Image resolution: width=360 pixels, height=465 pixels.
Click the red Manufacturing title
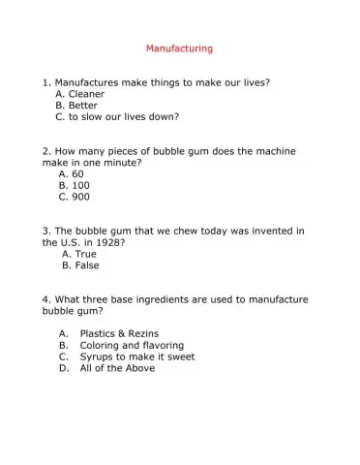[x=179, y=47]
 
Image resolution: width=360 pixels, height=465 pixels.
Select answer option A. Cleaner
[x=80, y=95]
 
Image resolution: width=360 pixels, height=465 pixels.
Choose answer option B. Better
[x=76, y=106]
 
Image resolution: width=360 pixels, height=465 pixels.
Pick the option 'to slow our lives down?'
[x=117, y=117]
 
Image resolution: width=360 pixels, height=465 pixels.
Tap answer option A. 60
[x=72, y=174]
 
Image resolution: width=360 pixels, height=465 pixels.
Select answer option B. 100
[x=75, y=185]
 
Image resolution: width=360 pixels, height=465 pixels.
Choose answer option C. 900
[x=75, y=197]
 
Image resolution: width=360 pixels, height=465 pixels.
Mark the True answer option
[x=79, y=254]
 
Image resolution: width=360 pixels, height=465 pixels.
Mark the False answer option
[x=80, y=265]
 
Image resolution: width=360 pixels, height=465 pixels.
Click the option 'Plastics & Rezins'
[x=121, y=333]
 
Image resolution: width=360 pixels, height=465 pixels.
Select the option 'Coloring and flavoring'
[x=132, y=345]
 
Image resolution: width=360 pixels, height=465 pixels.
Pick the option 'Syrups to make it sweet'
[x=135, y=356]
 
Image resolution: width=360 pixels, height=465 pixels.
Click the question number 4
[x=46, y=300]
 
